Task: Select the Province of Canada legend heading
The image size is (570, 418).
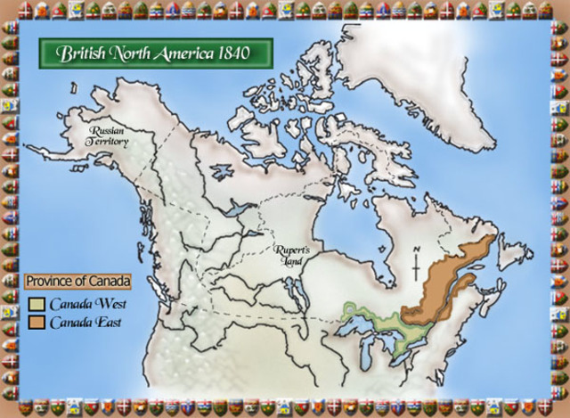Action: [77, 282]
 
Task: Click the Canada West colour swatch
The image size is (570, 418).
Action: [37, 303]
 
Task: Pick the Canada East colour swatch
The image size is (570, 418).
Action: [37, 321]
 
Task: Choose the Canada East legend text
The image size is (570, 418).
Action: [85, 321]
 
